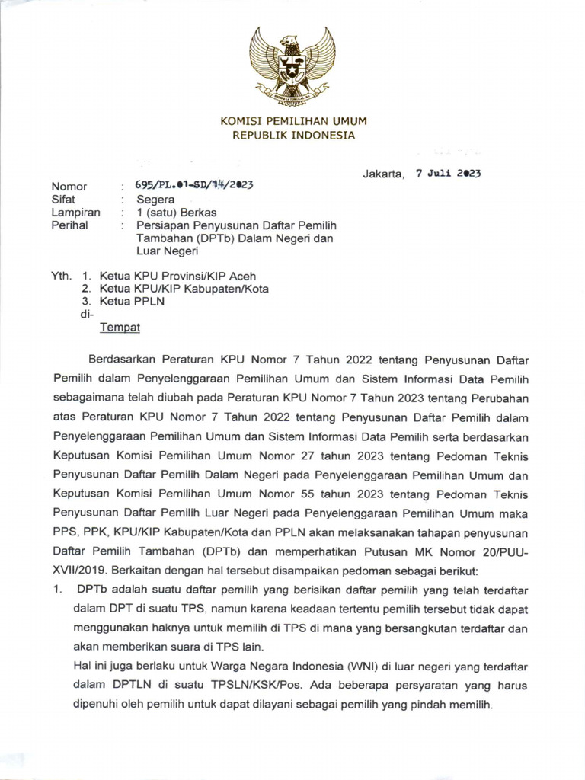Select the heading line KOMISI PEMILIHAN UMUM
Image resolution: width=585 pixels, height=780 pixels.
293,121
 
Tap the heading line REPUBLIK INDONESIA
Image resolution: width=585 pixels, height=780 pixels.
293,135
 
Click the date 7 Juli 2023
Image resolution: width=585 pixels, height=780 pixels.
448,173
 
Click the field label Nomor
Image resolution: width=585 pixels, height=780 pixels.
69,187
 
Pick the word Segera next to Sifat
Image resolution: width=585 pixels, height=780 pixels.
154,200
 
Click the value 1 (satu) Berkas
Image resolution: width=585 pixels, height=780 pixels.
172,213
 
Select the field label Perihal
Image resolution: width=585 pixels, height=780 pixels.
69,225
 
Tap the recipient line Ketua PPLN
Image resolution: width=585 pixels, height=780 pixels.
129,301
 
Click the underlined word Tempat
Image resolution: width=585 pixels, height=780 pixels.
120,328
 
